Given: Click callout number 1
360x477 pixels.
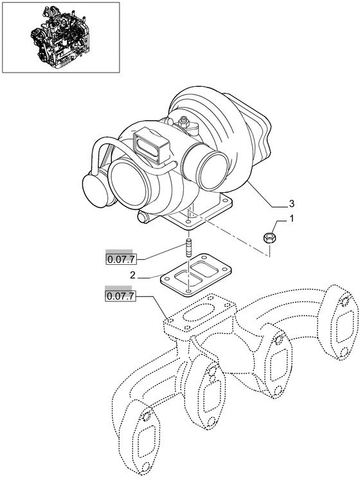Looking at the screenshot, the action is coord(291,219).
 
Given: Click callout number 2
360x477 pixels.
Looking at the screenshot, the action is coord(132,275).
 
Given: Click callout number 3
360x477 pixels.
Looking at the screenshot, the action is coord(291,203).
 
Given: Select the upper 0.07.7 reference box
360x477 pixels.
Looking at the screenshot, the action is coord(121,260).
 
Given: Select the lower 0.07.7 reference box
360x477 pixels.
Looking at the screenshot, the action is coord(120,296).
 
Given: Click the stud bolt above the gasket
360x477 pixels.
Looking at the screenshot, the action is coord(188,249).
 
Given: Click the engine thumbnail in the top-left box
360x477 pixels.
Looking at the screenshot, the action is coord(60,37).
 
